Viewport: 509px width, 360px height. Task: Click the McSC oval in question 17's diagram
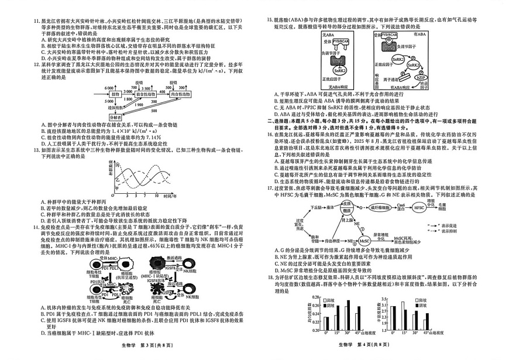(364, 240)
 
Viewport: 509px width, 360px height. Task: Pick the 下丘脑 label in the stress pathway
(317, 207)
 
